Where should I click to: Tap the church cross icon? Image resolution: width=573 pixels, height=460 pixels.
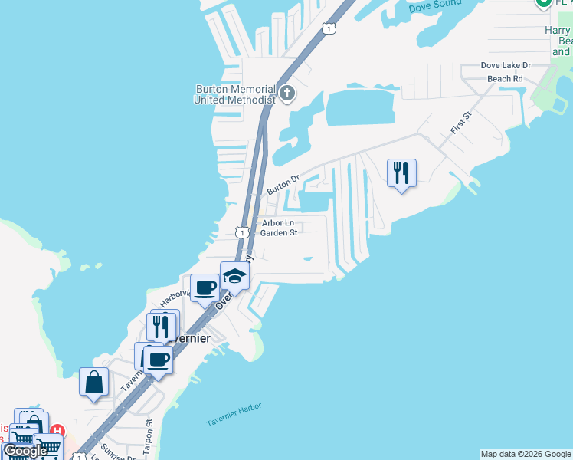287,94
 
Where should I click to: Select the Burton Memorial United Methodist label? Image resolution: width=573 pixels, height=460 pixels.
234,94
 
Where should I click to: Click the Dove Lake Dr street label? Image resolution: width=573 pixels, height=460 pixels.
505,66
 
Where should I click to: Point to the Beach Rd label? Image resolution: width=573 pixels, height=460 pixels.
505,78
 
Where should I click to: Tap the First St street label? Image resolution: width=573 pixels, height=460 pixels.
461,123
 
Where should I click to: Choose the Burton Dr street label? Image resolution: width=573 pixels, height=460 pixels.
282,185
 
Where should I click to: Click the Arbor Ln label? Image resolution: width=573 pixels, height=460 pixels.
278,223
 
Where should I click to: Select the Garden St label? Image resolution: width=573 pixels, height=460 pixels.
279,233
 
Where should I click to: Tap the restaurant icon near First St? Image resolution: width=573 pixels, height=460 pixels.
401,173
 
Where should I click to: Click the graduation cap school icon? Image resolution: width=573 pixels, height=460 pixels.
234,277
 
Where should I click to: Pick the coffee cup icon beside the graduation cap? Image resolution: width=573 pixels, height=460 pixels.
205,288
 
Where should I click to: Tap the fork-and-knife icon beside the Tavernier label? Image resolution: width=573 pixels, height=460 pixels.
161,326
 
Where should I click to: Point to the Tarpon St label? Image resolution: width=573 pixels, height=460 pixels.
150,432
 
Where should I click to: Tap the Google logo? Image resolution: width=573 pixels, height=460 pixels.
25,452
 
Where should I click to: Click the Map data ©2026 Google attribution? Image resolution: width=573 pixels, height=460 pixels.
526,454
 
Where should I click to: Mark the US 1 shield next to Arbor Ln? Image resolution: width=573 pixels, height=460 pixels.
242,232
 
